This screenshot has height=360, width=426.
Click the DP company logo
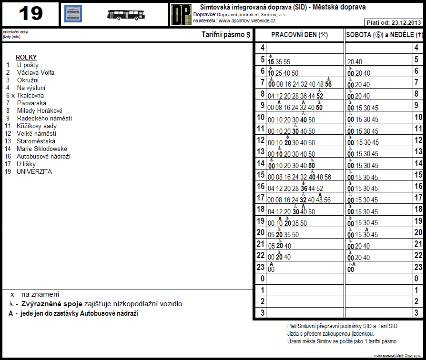(x=181, y=14)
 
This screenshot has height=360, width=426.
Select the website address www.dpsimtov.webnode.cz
(x=247, y=21)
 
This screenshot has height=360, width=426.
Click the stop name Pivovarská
(x=31, y=103)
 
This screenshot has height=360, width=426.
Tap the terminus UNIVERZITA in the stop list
(x=34, y=172)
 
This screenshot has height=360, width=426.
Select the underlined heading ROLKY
(x=26, y=58)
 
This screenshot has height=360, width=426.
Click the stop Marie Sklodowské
(x=42, y=149)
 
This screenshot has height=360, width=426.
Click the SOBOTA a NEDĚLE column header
(x=385, y=35)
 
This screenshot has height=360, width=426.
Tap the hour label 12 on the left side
(x=261, y=140)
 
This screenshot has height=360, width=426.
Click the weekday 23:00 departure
(x=271, y=270)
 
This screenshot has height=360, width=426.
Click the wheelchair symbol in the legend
(x=11, y=304)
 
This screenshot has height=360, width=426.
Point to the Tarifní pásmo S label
(x=226, y=35)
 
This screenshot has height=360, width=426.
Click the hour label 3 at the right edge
(x=416, y=313)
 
